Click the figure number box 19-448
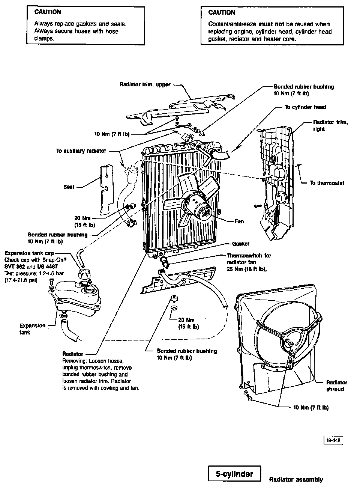tap(333, 440)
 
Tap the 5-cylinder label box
tap(234, 474)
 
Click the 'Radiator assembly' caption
tap(295, 479)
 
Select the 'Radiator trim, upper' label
tap(145, 85)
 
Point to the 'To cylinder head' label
tap(305, 107)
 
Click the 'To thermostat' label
tap(327, 183)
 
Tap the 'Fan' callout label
tap(239, 221)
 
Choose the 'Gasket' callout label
tap(240, 244)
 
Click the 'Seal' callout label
tap(69, 187)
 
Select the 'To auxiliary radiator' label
tap(81, 151)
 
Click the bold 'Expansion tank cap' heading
tap(29, 253)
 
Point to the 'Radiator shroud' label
tap(336, 386)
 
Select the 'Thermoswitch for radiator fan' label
tap(249, 259)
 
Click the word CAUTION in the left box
tap(47, 12)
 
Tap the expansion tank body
tap(77, 298)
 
